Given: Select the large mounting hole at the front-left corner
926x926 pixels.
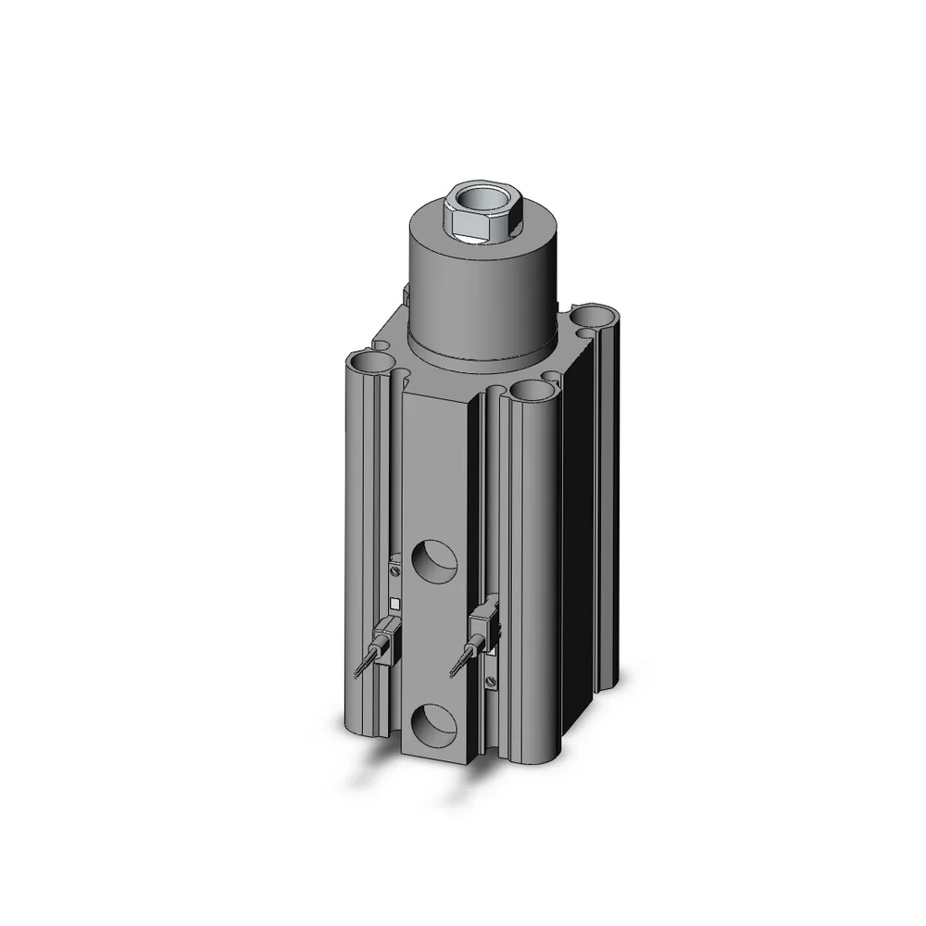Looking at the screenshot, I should pyautogui.click(x=370, y=361).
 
